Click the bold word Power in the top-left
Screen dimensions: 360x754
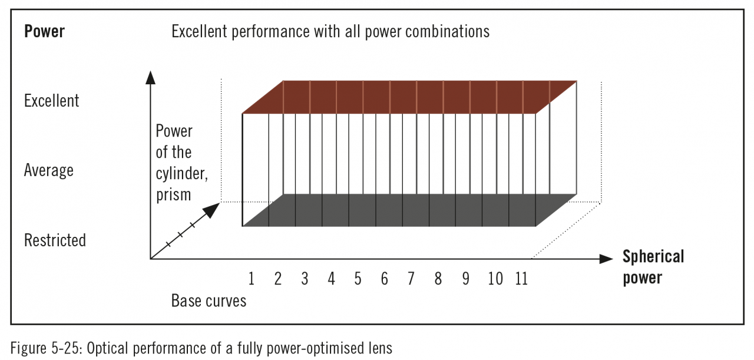pyautogui.click(x=44, y=31)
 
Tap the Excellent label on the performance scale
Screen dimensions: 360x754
pyautogui.click(x=51, y=101)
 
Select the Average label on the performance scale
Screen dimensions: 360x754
pyautogui.click(x=48, y=171)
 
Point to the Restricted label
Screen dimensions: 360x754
pyautogui.click(x=55, y=240)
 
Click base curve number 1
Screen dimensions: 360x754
pyautogui.click(x=252, y=279)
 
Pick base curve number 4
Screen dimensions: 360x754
pyautogui.click(x=332, y=279)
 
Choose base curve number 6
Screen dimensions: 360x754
pyautogui.click(x=385, y=279)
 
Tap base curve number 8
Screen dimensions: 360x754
pyautogui.click(x=438, y=279)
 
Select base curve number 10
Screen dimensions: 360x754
pyautogui.click(x=495, y=279)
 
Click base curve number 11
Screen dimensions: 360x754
pyautogui.click(x=521, y=279)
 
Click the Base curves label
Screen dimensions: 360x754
pyautogui.click(x=209, y=301)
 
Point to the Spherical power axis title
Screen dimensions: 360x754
pyautogui.click(x=653, y=267)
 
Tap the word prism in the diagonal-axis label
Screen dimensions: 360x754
pyautogui.click(x=174, y=194)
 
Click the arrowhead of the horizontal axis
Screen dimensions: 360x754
pyautogui.click(x=606, y=259)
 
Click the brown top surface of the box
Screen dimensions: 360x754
pyautogui.click(x=409, y=97)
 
